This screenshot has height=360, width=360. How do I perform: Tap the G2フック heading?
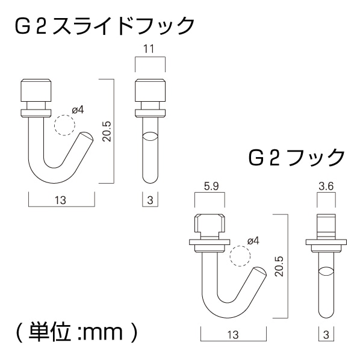click(x=296, y=158)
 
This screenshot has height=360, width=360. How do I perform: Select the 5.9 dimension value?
click(x=209, y=187)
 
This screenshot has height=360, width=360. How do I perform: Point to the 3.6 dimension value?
click(x=327, y=187)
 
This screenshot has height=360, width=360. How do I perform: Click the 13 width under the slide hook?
click(x=61, y=199)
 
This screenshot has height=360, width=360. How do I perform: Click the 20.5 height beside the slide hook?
click(x=107, y=130)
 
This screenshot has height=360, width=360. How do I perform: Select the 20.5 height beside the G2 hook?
click(x=278, y=265)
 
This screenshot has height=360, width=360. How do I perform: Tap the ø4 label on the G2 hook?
click(x=253, y=241)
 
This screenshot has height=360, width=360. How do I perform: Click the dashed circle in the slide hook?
click(x=63, y=125)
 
